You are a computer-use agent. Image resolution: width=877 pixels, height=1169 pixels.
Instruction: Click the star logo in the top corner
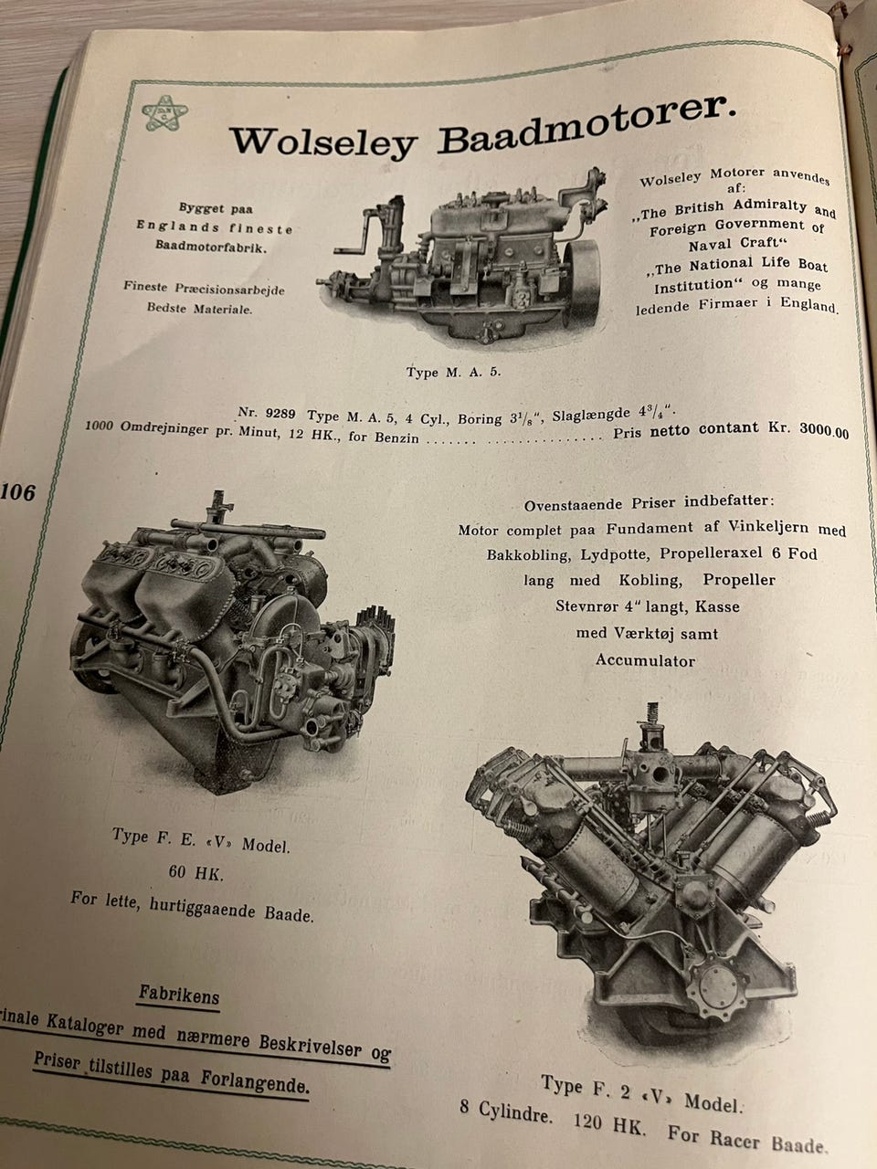pos(164,113)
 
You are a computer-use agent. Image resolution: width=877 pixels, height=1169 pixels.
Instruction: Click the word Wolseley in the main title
pos(323,142)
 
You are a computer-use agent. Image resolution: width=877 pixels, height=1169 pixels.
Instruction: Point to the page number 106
pos(17,492)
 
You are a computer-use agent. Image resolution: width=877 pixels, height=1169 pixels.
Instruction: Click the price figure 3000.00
pos(824,431)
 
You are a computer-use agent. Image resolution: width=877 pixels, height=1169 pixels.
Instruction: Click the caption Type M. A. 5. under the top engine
pos(454,372)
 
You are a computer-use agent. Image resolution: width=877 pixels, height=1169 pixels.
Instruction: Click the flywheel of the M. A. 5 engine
pos(582,284)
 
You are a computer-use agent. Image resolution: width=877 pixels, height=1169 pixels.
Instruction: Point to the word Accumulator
pos(645,660)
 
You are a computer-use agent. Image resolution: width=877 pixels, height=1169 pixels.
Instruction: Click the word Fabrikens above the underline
pos(179,995)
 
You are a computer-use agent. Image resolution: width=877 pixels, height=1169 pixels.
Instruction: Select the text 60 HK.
pos(196,872)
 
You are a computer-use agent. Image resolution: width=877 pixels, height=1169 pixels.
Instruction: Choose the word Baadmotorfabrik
pos(211,247)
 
